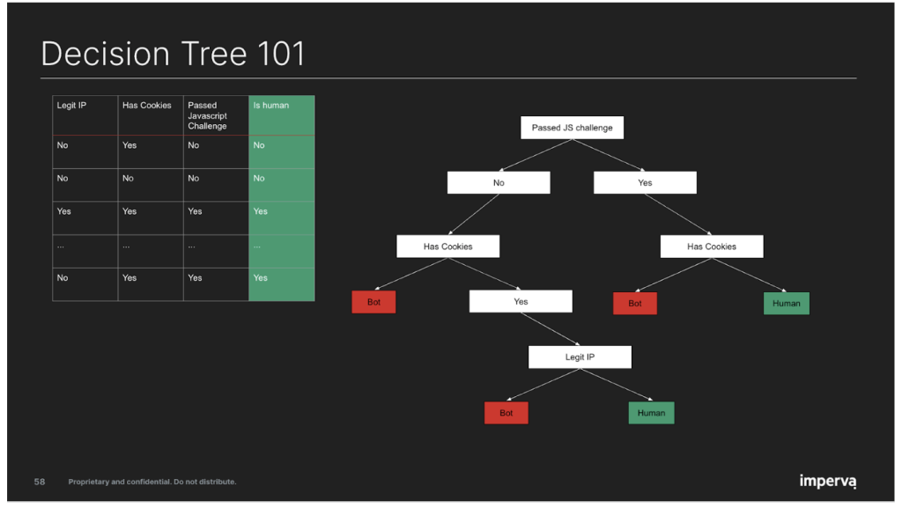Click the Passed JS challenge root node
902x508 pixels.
[572, 128]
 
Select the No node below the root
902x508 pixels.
[499, 183]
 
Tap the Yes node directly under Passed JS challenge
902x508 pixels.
[645, 183]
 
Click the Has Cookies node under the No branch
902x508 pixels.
[447, 247]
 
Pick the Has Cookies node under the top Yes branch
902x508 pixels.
[712, 247]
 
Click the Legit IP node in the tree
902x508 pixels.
[580, 357]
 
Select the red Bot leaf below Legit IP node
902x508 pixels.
[506, 413]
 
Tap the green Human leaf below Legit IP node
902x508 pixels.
[651, 413]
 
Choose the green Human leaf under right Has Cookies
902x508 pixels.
[786, 304]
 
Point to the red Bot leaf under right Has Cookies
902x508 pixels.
[635, 304]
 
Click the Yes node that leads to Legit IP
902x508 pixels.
[521, 302]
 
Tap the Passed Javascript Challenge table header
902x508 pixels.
[216, 115]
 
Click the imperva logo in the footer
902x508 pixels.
[827, 481]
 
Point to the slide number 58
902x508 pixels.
[40, 482]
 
